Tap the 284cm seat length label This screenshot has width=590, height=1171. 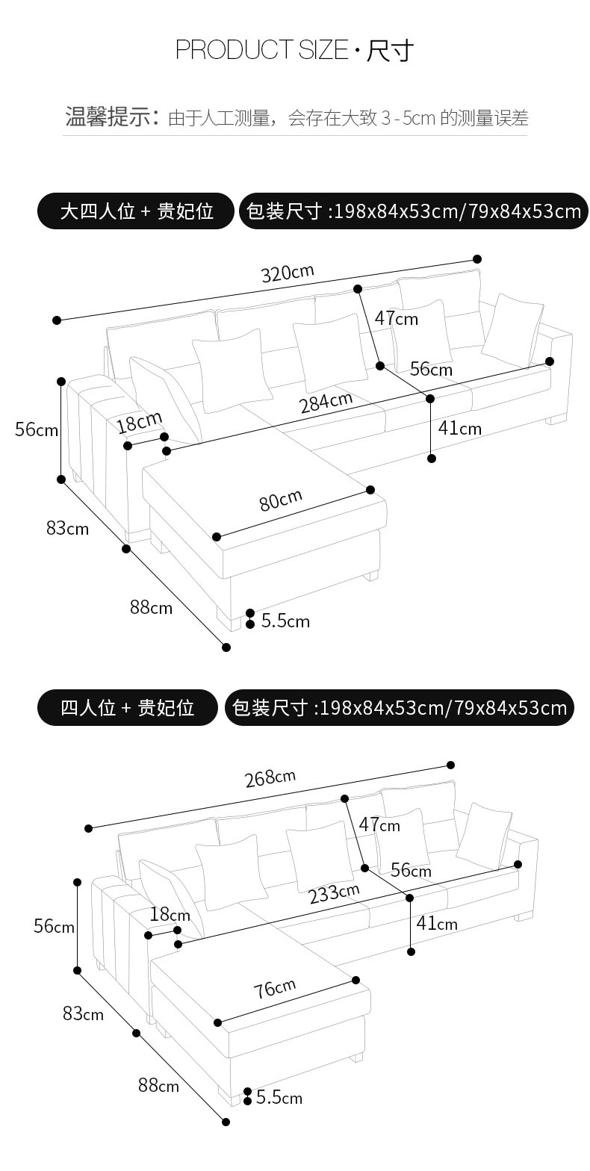click(x=326, y=403)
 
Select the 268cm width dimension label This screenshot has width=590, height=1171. click(x=270, y=778)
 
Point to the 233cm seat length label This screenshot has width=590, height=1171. click(x=334, y=893)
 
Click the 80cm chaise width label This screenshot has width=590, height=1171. click(x=281, y=500)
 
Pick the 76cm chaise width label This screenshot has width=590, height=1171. click(x=274, y=989)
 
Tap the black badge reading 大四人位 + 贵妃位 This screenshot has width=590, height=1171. click(x=137, y=211)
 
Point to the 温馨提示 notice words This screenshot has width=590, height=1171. click(x=111, y=117)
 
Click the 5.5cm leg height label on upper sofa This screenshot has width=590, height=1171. click(x=285, y=621)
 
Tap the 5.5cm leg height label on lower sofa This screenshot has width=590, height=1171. click(x=279, y=1097)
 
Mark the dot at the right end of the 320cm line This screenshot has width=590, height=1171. click(x=477, y=259)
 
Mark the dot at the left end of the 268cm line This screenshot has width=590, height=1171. click(x=89, y=828)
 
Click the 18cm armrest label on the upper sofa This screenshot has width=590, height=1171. click(x=138, y=423)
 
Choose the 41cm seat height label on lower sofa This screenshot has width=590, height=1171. click(x=436, y=923)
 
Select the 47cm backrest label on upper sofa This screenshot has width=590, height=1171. click(x=396, y=319)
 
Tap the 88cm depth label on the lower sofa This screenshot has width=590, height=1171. click(x=158, y=1085)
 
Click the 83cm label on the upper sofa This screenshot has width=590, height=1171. click(x=67, y=528)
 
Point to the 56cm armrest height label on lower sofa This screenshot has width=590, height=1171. click(x=54, y=926)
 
